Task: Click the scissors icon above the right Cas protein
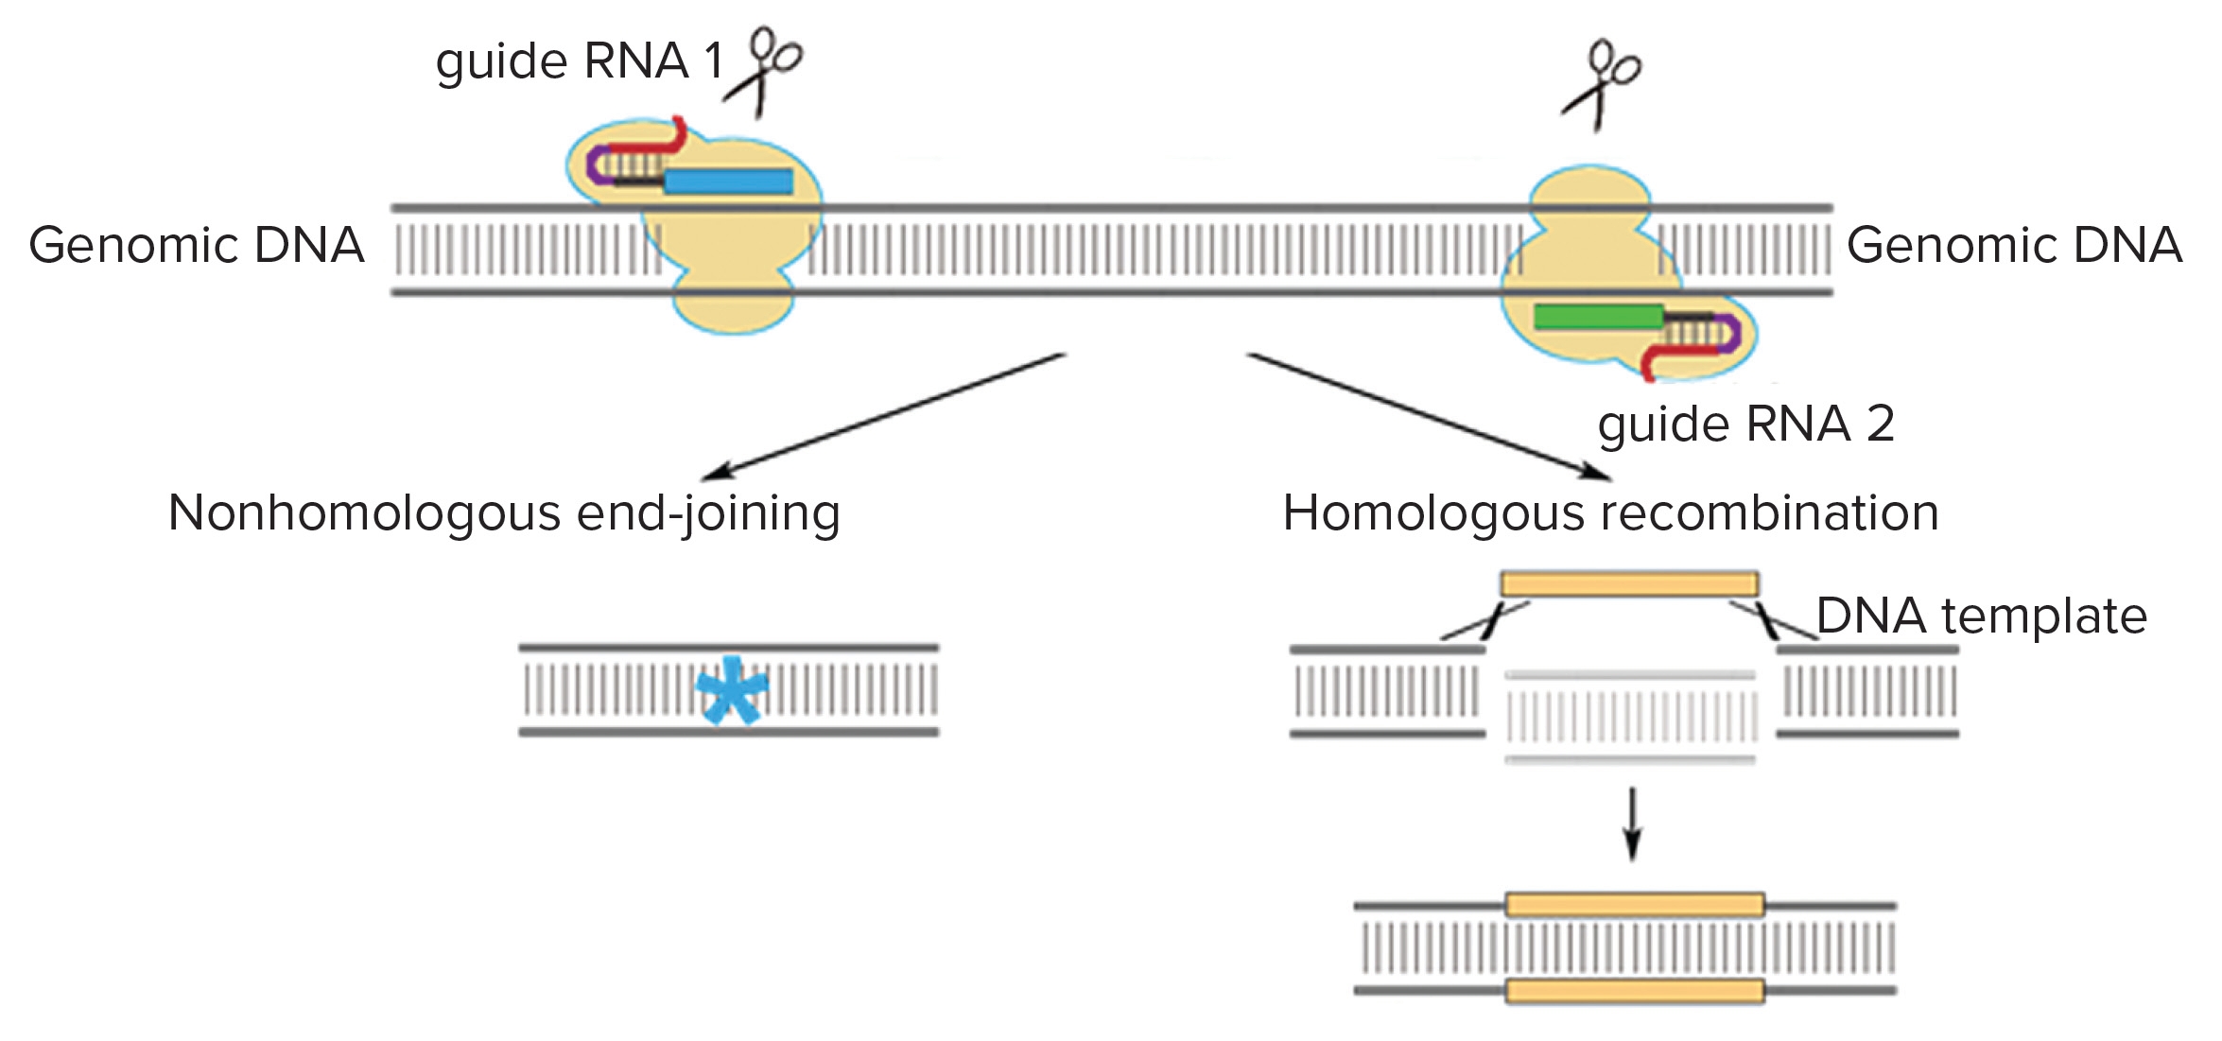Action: coord(1602,83)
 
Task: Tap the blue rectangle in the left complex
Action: coord(728,182)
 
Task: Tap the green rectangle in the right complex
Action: coord(1598,317)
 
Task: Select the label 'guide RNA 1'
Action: coord(579,61)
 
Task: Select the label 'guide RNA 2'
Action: coord(1745,424)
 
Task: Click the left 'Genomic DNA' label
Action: coord(197,246)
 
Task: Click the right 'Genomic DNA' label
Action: coord(2014,246)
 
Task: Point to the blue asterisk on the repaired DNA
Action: coord(731,690)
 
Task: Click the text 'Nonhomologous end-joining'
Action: coord(504,513)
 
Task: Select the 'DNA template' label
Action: coord(1982,616)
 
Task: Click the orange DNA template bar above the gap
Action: coord(1629,583)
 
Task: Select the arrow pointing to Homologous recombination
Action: coord(1428,416)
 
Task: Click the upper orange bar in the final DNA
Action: coord(1635,905)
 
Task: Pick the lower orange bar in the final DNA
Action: coord(1635,991)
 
